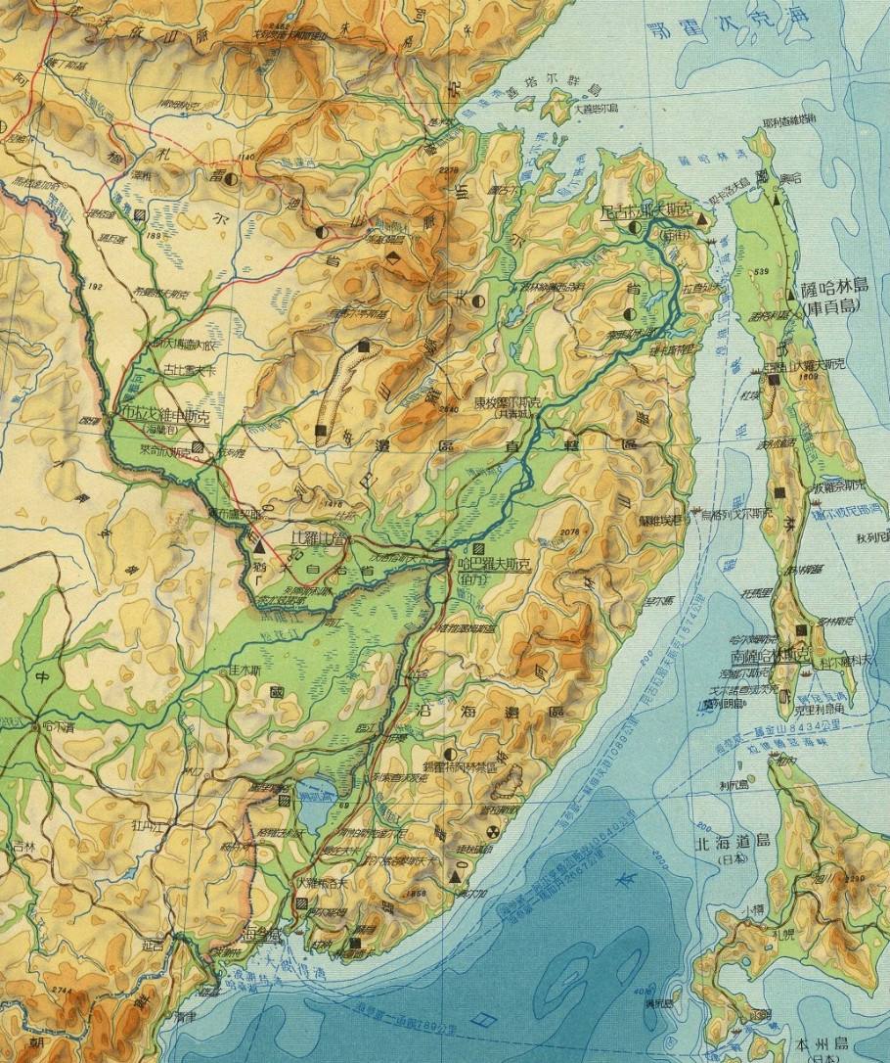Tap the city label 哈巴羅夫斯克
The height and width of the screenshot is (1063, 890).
point(495,566)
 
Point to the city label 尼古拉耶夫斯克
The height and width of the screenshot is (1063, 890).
point(645,209)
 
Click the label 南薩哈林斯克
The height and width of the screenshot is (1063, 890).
point(763,657)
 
